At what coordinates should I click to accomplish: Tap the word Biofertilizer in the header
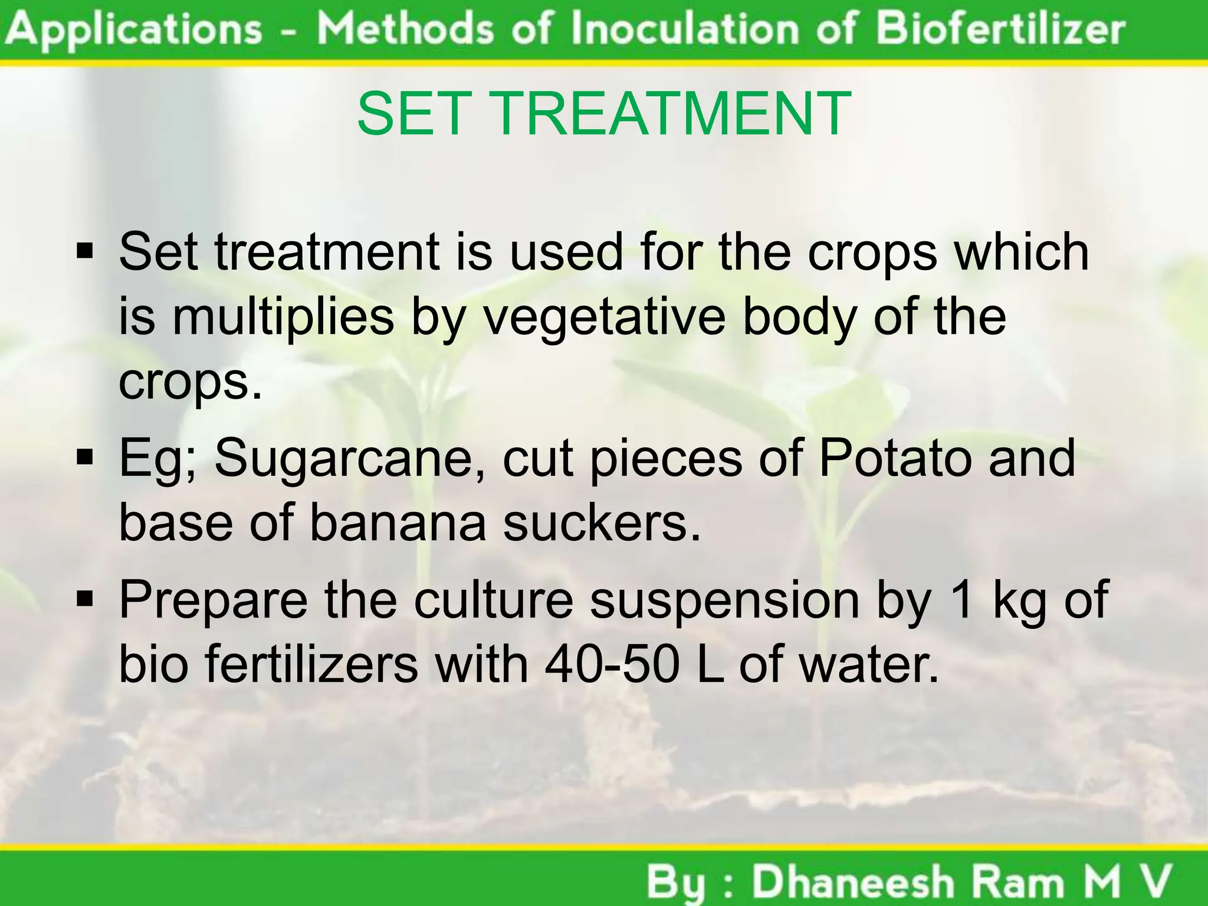[x=1000, y=29]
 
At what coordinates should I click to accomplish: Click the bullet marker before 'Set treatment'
[x=86, y=253]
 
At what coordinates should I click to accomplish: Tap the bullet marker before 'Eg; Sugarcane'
[x=86, y=458]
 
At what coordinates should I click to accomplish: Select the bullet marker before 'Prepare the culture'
[x=86, y=600]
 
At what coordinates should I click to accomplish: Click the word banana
[x=398, y=523]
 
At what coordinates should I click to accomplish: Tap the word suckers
[x=602, y=523]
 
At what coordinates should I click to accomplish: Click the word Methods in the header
[x=405, y=29]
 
